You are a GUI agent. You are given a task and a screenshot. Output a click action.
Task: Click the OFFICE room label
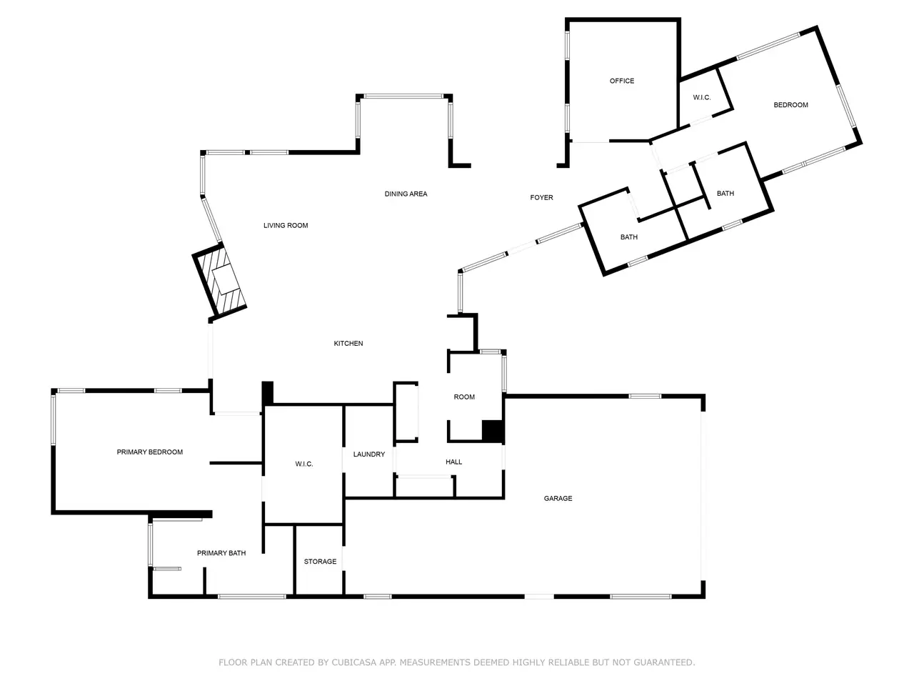pos(622,81)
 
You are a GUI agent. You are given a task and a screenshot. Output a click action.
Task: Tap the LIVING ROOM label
pos(286,225)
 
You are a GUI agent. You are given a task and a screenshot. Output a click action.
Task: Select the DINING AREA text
pos(406,194)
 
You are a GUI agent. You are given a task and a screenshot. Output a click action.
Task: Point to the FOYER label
pos(541,197)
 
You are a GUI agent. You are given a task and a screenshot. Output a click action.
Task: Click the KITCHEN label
pos(348,343)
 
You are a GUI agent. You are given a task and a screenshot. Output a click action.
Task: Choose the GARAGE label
pos(558,498)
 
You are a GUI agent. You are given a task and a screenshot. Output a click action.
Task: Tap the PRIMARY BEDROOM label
pos(149,452)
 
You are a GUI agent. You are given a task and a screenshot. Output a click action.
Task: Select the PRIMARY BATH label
pos(221,552)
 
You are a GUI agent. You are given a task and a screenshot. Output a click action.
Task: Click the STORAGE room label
pos(320,561)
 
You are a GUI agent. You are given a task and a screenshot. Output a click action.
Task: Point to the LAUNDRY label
pos(369,454)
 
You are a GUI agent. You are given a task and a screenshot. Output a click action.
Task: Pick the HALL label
pos(453,462)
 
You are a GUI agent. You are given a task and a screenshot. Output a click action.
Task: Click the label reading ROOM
pos(464,397)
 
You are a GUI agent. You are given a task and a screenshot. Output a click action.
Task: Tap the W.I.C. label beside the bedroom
pos(702,97)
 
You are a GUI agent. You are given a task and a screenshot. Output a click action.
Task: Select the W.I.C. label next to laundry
pos(304,464)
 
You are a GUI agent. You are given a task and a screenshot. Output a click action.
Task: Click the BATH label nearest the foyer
pos(629,237)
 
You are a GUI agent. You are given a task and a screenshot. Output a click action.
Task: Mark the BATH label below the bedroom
pos(725,193)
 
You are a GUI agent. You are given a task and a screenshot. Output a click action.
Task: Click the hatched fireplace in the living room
pos(220,281)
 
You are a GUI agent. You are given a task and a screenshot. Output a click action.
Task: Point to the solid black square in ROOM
pos(492,431)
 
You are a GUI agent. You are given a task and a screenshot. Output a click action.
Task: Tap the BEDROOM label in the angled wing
pos(790,105)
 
